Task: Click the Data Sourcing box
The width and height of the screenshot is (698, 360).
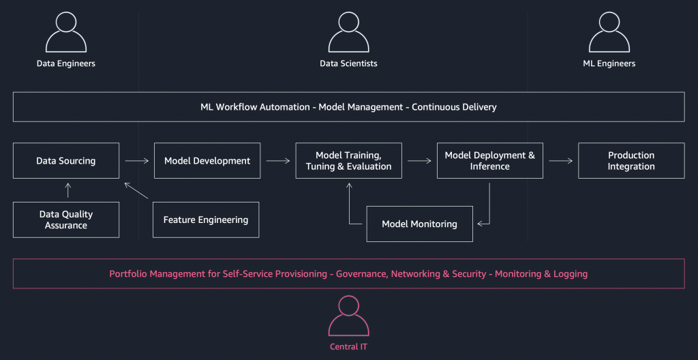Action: [x=66, y=161]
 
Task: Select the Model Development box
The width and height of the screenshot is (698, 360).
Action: [x=207, y=161]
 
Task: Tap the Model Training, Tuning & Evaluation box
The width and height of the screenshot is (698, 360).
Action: [x=348, y=161]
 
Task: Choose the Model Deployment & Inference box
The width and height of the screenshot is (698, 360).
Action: [x=489, y=161]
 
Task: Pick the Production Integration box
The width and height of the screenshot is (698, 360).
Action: [x=631, y=161]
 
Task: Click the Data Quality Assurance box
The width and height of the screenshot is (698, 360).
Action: [x=66, y=220]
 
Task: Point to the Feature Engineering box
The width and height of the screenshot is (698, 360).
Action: [x=206, y=220]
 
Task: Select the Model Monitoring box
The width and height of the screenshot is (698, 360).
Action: [x=419, y=224]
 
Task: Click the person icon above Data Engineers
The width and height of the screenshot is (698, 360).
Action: [x=66, y=32]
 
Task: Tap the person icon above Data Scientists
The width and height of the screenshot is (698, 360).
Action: [x=348, y=32]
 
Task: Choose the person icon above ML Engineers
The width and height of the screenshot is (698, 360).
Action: [x=609, y=32]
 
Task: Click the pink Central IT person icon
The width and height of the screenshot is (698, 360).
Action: [x=348, y=315]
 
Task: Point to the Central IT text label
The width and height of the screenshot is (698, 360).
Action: [x=348, y=347]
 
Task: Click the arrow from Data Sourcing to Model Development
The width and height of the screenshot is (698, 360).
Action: [x=136, y=161]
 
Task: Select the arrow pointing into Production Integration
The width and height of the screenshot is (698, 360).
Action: [x=560, y=161]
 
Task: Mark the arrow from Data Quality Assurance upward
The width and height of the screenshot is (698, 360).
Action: [x=67, y=190]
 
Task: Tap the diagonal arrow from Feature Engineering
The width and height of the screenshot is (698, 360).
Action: [x=136, y=190]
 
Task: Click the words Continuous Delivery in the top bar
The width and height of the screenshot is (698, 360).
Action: [x=454, y=107]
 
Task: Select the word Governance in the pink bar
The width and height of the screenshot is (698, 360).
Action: [x=361, y=274]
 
